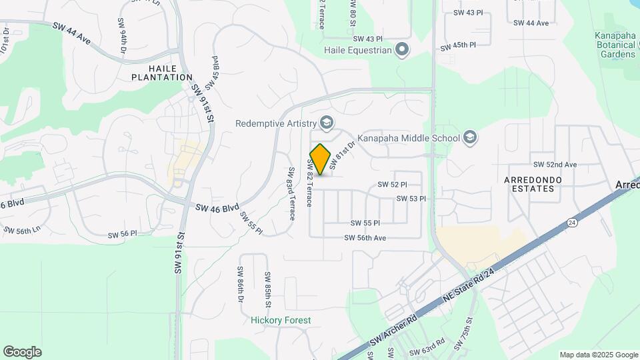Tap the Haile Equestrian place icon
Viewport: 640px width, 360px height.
[x=402, y=49]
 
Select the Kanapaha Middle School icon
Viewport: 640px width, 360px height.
[x=470, y=138]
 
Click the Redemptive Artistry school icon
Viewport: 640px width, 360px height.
[x=327, y=123]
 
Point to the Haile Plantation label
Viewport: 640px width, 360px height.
[x=162, y=72]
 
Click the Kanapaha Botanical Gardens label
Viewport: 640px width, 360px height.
[x=617, y=45]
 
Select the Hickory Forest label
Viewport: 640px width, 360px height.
[x=281, y=320]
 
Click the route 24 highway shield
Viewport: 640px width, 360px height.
[x=572, y=221]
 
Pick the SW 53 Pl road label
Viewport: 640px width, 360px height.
[x=411, y=199]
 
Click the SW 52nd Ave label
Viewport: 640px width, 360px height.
[x=555, y=165]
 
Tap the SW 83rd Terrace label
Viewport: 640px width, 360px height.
[x=291, y=194]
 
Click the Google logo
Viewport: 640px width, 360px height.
[x=22, y=352]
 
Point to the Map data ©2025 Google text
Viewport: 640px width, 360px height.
[x=598, y=355]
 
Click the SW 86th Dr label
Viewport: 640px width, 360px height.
[x=240, y=283]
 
